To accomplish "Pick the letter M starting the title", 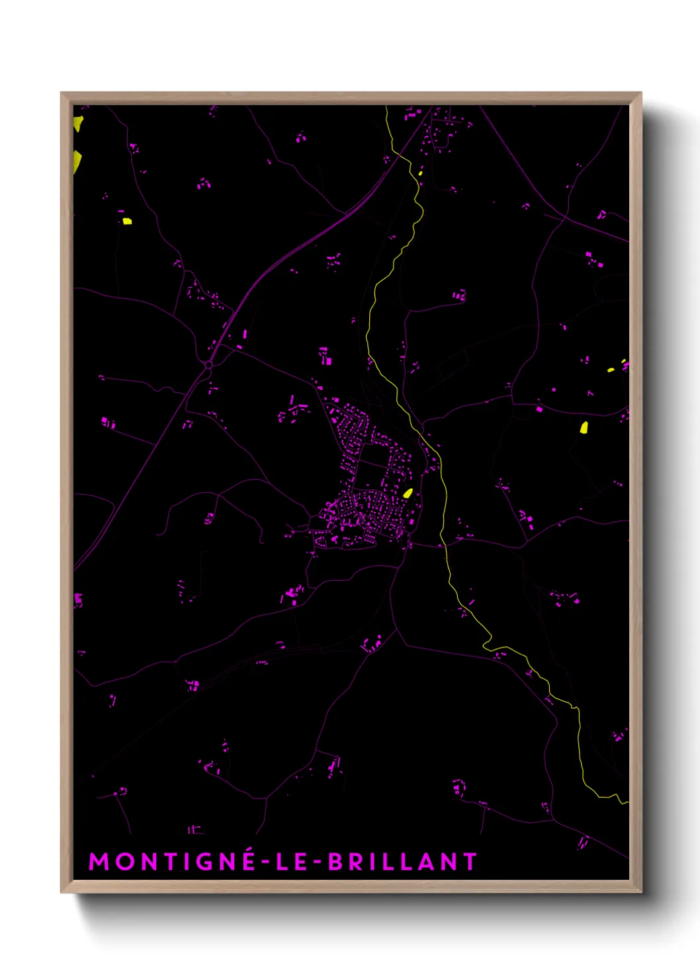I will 98,861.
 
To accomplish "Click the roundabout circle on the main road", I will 209,364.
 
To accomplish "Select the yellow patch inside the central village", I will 408,493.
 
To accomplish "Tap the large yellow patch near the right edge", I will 584,427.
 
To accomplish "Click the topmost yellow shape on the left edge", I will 78,123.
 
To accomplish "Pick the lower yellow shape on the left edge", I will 77,161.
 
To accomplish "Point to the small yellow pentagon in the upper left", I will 126,221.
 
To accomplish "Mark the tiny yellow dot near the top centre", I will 420,173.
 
